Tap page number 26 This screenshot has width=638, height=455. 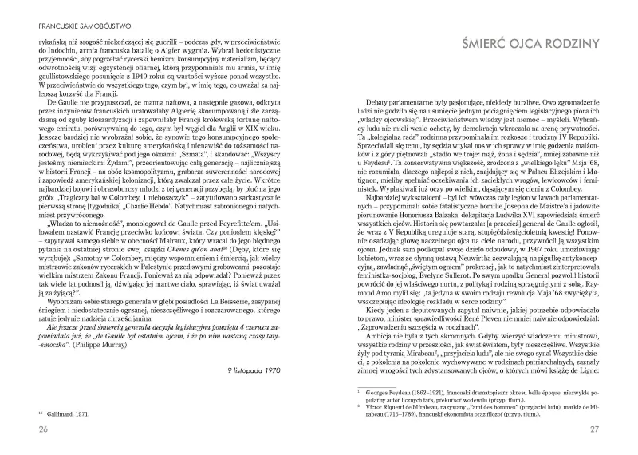[33, 431]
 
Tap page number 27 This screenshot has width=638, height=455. [605, 431]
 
